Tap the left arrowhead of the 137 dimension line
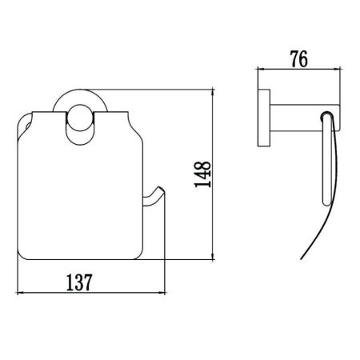tap(20, 294)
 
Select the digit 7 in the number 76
tap(294, 59)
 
